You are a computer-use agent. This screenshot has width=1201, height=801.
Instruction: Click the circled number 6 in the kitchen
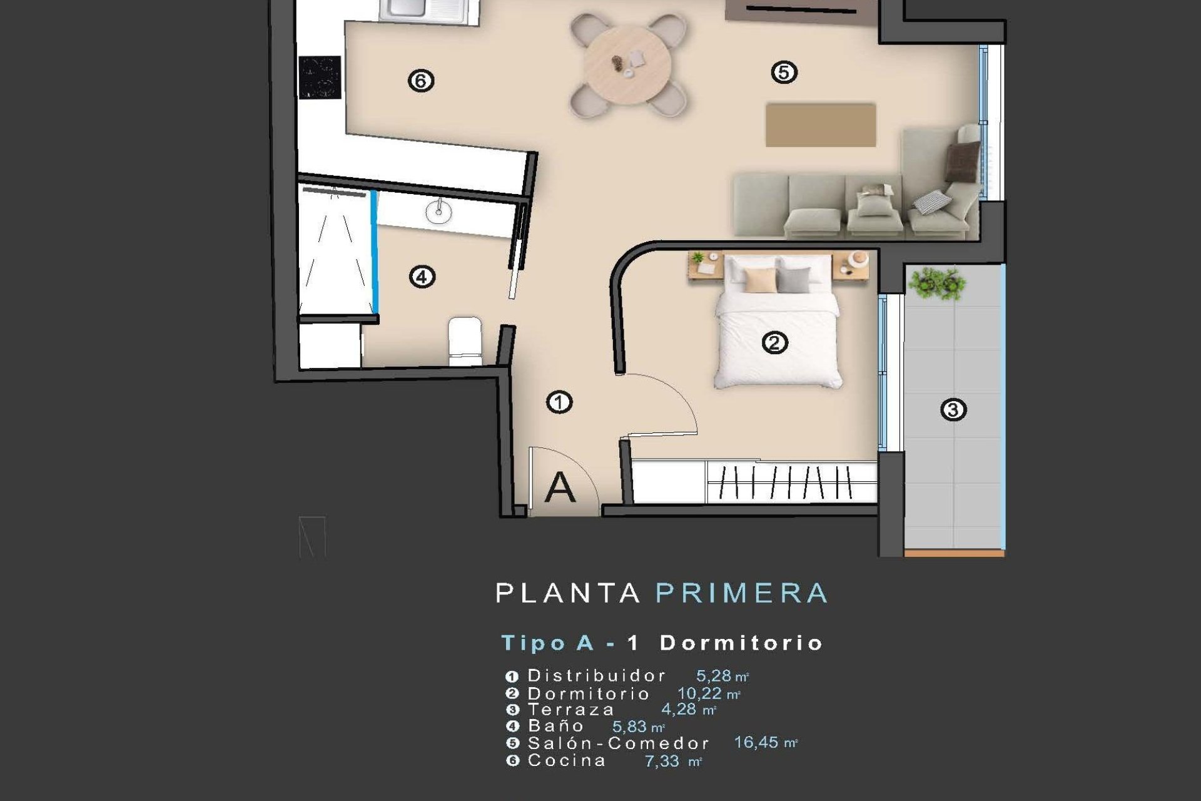tap(420, 81)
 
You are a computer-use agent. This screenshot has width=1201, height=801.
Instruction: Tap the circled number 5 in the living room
tap(784, 73)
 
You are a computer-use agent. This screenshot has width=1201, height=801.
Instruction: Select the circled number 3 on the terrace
tap(953, 410)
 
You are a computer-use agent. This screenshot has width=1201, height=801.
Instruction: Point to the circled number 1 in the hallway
tap(559, 402)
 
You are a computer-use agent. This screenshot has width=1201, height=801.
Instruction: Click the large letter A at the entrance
tap(560, 487)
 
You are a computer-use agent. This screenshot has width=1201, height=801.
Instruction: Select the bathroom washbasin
tap(438, 212)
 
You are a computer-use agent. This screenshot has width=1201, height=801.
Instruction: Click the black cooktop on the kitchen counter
tap(320, 78)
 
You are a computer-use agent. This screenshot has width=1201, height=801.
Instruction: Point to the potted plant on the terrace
tap(936, 283)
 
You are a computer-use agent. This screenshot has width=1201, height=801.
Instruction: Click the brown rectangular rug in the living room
tap(821, 125)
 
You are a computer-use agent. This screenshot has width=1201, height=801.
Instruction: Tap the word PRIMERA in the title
tap(742, 593)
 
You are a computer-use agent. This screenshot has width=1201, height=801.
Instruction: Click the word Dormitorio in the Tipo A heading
tap(741, 643)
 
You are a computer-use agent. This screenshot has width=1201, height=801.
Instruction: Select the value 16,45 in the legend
tap(756, 743)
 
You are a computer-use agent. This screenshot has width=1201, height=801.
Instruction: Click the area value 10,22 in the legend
tap(700, 693)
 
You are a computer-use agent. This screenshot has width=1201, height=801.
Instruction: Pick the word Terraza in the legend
tap(571, 710)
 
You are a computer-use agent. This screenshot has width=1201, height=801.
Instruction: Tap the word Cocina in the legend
tap(567, 761)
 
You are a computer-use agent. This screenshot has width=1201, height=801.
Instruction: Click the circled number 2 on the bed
tap(774, 343)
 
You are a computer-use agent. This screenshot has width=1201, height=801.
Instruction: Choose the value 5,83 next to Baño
tap(629, 727)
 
